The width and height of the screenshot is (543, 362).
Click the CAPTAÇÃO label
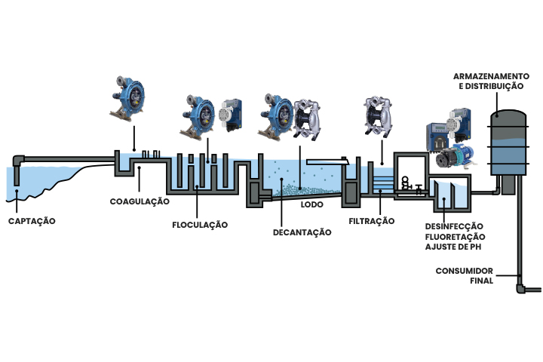pos(32,221)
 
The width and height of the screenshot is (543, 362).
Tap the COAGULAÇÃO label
pos(139,201)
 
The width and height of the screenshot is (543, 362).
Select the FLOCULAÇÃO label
pos(198,224)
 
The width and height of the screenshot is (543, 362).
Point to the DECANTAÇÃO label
pos(302,232)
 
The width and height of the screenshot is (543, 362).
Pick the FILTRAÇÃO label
pos(372,221)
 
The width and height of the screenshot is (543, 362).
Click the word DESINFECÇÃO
pos(453,226)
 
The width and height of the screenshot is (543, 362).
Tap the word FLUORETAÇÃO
pos(453,237)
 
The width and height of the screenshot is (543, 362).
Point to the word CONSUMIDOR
pos(465,270)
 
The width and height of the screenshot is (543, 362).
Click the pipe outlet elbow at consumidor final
pos(521,287)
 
